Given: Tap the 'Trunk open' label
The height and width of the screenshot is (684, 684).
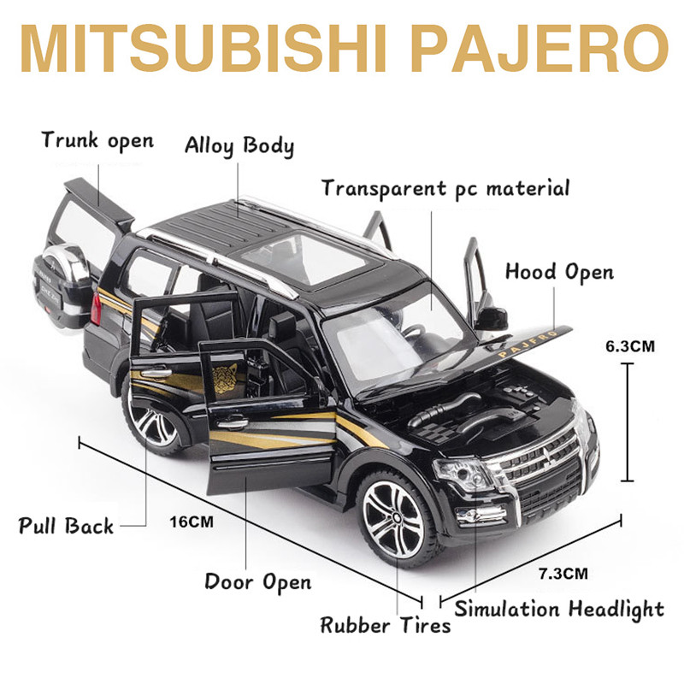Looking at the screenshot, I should tap(97, 140).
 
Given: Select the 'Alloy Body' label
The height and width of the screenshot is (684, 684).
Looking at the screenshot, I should tap(239, 145).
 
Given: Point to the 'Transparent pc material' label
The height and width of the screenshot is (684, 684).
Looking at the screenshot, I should tap(445, 187).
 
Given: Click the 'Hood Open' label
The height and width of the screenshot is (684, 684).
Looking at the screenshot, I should tap(559, 273).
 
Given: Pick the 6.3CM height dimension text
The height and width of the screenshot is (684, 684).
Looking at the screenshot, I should tap(629, 346).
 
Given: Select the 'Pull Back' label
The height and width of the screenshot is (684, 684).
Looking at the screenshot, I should tap(66, 525).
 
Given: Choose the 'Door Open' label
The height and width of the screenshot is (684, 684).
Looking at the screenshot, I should tap(258, 582).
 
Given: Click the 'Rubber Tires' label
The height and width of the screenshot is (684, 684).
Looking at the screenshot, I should tap(385, 625).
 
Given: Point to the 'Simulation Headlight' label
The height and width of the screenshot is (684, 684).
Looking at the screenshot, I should tap(559, 610).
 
